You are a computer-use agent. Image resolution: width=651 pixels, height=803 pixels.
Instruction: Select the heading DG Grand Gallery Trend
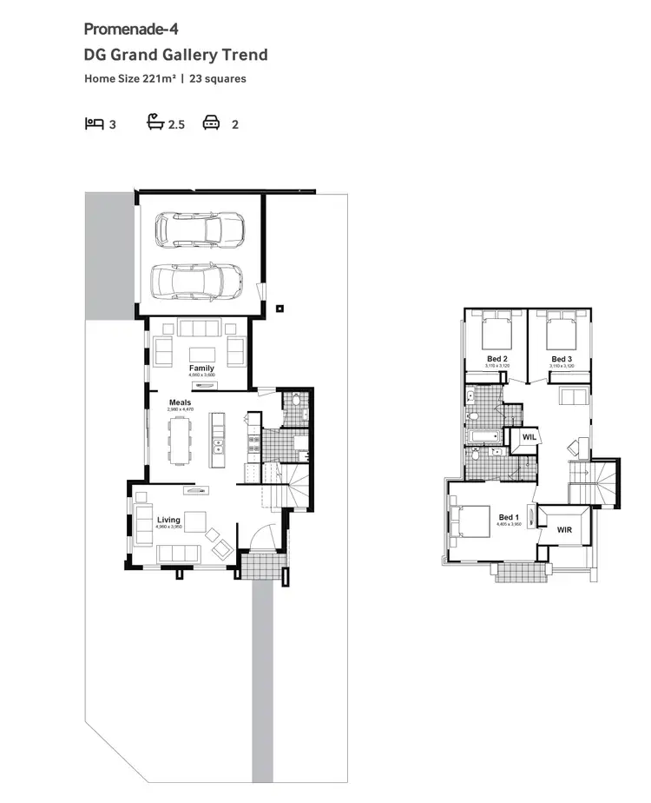coord(175,55)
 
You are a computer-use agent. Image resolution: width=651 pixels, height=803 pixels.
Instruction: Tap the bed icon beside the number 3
coord(94,123)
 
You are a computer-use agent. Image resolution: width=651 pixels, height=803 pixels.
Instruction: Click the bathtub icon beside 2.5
coord(156,123)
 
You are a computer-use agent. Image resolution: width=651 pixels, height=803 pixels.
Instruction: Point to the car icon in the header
coord(211,123)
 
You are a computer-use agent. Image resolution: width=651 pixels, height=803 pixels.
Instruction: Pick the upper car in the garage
coord(199,229)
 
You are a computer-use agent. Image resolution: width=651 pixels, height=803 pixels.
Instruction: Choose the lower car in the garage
coord(197,280)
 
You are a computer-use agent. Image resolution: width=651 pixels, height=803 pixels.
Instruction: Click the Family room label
coord(201,368)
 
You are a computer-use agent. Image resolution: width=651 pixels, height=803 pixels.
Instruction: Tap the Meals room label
coord(180,402)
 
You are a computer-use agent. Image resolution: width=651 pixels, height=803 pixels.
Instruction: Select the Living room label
coord(168,520)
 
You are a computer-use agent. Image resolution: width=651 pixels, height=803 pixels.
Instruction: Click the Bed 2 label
coord(497,359)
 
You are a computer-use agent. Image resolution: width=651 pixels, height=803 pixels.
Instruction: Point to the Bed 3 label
coord(562,359)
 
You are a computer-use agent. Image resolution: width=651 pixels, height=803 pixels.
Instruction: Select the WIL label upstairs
coord(528,438)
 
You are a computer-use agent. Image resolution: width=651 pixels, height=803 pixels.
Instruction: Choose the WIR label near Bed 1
coord(564,528)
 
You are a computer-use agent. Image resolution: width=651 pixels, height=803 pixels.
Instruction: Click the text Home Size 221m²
coord(130,78)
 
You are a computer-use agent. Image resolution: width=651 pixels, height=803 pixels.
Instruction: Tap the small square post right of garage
coord(279,308)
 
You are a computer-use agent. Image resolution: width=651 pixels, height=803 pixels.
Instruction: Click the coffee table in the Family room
coord(201,354)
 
